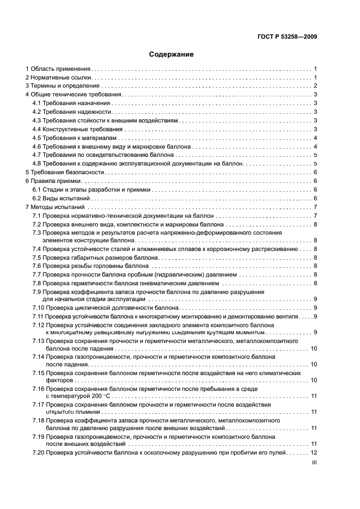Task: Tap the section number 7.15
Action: (38, 373)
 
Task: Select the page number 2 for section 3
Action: (315, 86)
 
